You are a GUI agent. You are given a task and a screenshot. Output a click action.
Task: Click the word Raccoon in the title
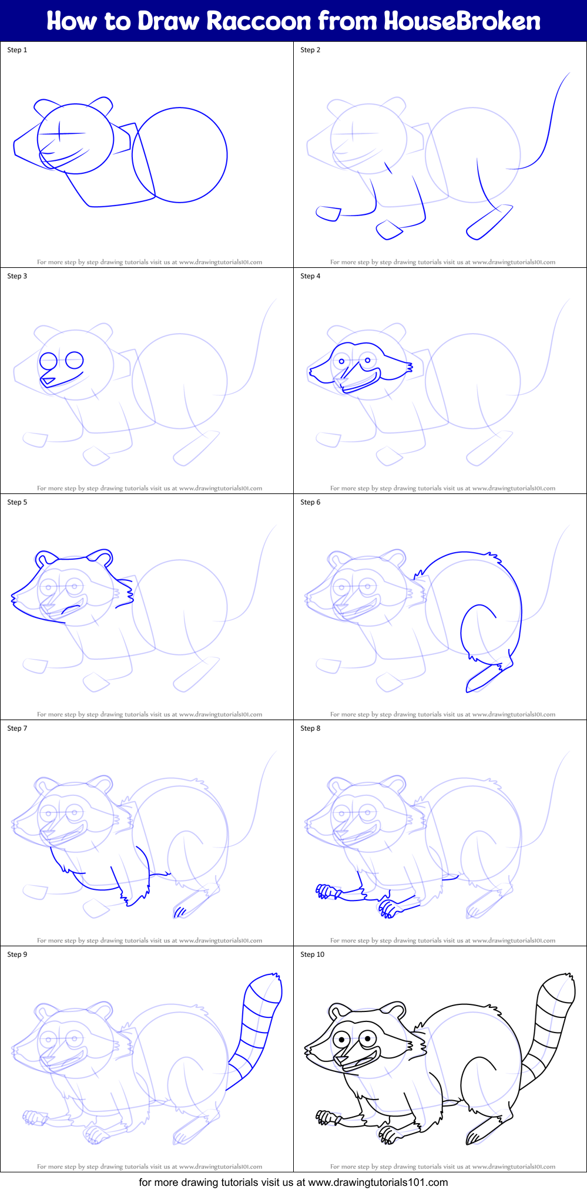pyautogui.click(x=259, y=21)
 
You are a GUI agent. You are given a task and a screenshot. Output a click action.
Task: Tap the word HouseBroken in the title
pyautogui.click(x=462, y=21)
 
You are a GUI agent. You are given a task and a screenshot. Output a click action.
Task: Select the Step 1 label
pyautogui.click(x=17, y=50)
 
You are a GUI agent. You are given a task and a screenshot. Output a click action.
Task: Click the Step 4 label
pyautogui.click(x=310, y=276)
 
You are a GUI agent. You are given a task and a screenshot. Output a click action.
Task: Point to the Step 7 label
pyautogui.click(x=17, y=728)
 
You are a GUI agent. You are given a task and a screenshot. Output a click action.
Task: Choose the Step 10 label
pyautogui.click(x=312, y=954)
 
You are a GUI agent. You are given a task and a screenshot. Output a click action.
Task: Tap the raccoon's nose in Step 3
pyautogui.click(x=48, y=382)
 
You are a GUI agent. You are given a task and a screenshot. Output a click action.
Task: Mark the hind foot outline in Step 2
pyautogui.click(x=489, y=223)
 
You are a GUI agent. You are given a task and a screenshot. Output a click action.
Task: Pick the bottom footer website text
pyautogui.click(x=293, y=1182)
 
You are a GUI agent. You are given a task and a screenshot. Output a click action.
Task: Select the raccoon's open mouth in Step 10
pyautogui.click(x=360, y=1061)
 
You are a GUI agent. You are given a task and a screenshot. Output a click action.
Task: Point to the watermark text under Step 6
pyautogui.click(x=442, y=714)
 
